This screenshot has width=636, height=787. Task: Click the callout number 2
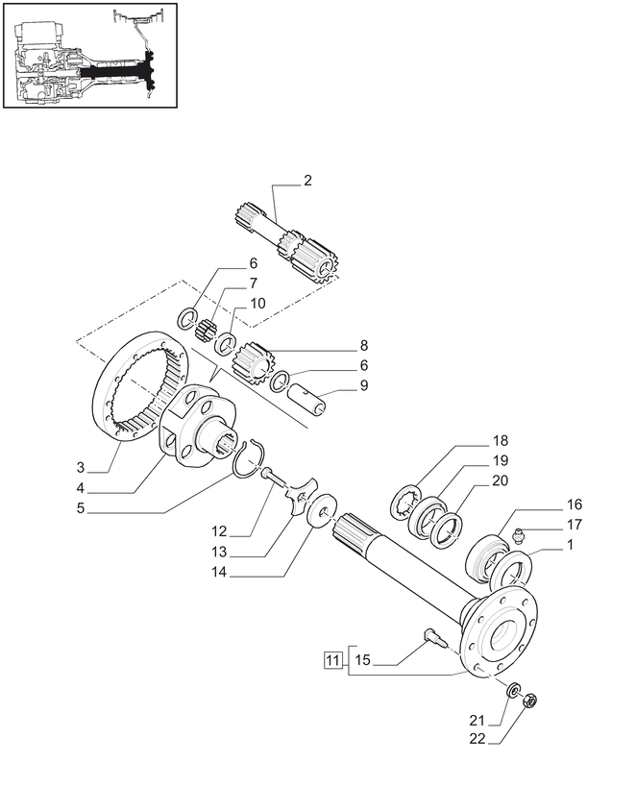pos(306,181)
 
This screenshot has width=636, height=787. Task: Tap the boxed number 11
pos(331,660)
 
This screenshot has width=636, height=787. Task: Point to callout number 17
pos(574,526)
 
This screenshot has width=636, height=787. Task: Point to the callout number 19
pos(501,460)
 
